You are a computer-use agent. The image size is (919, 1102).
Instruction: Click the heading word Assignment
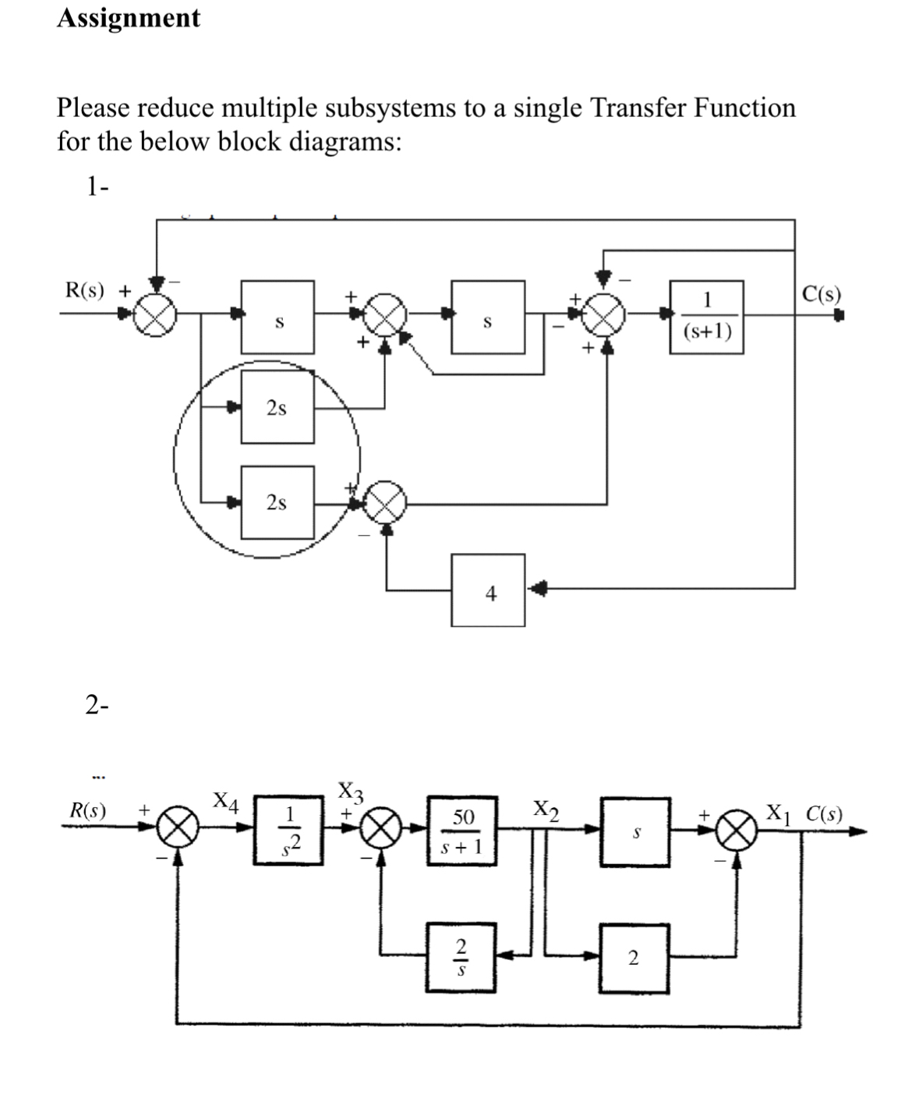[x=129, y=18]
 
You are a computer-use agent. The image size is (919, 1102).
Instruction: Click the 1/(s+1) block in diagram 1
[x=706, y=317]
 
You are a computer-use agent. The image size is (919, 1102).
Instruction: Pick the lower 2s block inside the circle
[x=277, y=502]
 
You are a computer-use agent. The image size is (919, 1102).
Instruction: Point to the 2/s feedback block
[x=461, y=957]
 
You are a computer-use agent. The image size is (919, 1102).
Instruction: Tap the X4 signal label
[x=227, y=802]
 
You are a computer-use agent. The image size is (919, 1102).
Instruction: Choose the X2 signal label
[x=546, y=808]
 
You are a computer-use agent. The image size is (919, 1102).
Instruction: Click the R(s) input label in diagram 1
[x=85, y=290]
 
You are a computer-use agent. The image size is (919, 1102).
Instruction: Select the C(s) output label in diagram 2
[x=823, y=813]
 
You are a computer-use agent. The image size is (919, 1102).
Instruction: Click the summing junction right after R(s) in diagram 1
[x=154, y=316]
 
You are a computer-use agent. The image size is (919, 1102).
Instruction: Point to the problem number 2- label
[x=97, y=705]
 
